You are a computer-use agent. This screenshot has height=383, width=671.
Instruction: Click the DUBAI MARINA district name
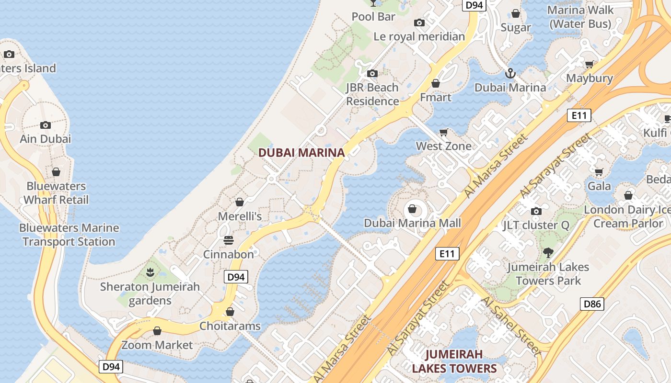pos(301,153)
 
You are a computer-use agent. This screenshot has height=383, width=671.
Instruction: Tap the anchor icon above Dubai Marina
pos(510,74)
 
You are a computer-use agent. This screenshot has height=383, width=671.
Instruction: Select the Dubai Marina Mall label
pos(412,223)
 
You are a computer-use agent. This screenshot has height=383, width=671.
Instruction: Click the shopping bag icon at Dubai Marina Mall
pos(412,209)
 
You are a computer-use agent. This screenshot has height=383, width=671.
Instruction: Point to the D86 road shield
pos(592,304)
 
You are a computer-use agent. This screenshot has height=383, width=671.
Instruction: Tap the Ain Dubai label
pos(46,139)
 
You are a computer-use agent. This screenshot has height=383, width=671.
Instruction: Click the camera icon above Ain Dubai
pos(46,125)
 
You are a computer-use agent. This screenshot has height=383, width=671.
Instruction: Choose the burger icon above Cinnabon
pos(229,240)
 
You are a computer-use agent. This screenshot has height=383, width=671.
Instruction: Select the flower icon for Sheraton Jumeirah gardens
pos(150,273)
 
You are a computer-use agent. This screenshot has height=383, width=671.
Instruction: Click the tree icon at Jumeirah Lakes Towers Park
pos(548,252)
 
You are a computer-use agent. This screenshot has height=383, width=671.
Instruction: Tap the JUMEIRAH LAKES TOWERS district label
pos(454,361)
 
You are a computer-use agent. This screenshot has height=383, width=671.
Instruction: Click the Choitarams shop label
pos(230,326)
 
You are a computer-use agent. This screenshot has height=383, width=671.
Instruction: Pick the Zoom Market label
pos(157,345)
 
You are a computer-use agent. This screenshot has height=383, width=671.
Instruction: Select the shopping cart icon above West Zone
pos(444,132)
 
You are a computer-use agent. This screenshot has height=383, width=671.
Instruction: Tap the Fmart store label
pos(435,97)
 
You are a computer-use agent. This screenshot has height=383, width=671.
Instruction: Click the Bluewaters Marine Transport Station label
pos(69,235)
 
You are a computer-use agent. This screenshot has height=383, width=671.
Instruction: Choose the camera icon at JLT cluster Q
pos(536,211)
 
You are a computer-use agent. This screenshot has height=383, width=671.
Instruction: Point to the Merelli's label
pos(240,216)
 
